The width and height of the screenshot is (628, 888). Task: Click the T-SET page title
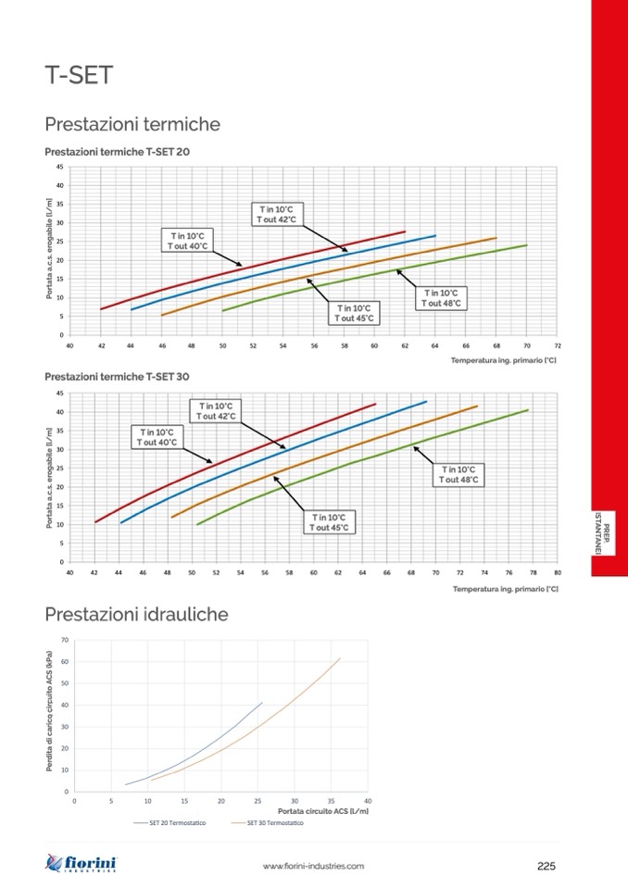pos(79,75)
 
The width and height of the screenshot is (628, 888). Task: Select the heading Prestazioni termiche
pos(132,124)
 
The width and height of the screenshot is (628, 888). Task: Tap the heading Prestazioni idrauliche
pos(136,614)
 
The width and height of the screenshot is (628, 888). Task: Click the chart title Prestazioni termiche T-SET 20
pos(117,151)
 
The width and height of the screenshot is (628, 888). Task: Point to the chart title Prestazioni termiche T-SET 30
pos(117,377)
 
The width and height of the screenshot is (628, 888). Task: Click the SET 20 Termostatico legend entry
pos(177,822)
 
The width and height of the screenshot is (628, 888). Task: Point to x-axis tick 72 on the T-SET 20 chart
pos(557,345)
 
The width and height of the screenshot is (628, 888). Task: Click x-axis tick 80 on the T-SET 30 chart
pos(557,572)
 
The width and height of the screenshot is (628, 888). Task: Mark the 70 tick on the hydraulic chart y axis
pos(65,640)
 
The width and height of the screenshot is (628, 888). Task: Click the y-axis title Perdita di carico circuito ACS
pos(49,715)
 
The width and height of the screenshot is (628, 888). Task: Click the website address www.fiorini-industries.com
pos(313,866)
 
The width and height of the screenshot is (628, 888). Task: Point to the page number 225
pos(546,866)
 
